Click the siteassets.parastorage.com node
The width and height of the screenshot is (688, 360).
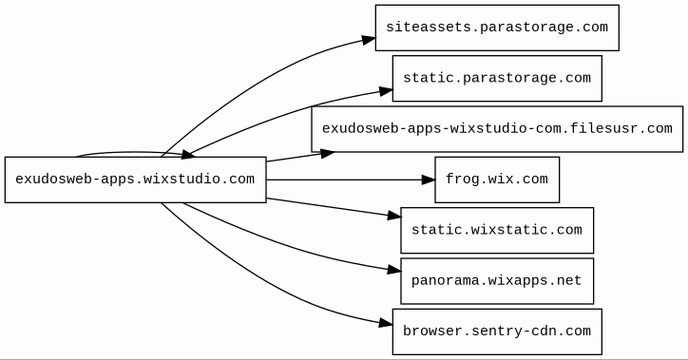(497, 28)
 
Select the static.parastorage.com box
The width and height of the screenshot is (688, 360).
(497, 79)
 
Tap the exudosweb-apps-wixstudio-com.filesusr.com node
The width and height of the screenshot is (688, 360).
(497, 129)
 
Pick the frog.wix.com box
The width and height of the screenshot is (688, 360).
(497, 180)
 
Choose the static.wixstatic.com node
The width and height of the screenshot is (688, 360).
(497, 230)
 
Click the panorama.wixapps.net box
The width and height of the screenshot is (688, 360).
(497, 281)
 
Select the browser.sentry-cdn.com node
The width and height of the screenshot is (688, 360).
(497, 332)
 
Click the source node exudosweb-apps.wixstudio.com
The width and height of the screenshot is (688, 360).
(136, 180)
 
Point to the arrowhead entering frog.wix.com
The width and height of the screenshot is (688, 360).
(429, 180)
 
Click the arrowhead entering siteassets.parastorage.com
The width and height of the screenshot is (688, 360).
(369, 40)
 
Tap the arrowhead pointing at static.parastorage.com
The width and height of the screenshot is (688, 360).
(386, 91)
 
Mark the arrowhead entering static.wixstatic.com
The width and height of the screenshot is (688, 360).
(394, 216)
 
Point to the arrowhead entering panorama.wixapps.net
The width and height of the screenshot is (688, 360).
(394, 271)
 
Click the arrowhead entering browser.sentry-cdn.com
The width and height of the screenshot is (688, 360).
(386, 324)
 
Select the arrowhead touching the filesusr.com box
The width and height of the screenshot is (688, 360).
(328, 154)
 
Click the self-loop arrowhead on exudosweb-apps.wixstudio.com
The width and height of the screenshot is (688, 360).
(188, 154)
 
